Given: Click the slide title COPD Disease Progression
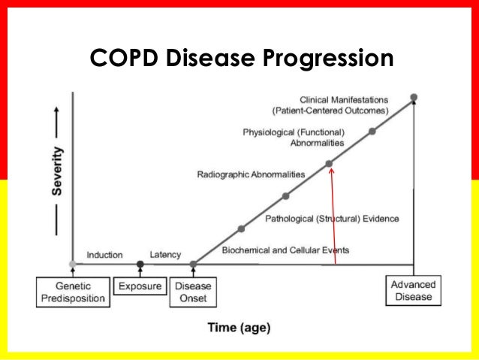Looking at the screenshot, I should pos(241,58).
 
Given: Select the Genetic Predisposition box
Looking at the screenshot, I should pos(72,292).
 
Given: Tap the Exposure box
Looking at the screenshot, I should pos(139,286).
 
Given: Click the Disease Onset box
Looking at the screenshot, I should pos(193,292).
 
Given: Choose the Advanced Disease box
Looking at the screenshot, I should pos(414,290).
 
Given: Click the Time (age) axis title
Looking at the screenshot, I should pos(239,328).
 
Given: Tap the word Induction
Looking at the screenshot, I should pos(104,255).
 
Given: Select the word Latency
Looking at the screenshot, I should pos(165,255).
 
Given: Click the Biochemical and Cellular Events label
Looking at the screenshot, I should pos(285,250).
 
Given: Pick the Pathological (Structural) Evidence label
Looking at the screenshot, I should pos(332,219).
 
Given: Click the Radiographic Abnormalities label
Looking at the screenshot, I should pos(251,174).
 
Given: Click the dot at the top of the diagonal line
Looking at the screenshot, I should pos(414,97).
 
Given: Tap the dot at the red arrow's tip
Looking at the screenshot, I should pos(329,163).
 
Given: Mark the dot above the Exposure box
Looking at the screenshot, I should pos(140,264).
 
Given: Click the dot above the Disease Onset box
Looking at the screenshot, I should pos(193,264).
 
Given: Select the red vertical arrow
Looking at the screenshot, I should pos(333,218).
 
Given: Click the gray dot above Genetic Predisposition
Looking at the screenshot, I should pos(72,264).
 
